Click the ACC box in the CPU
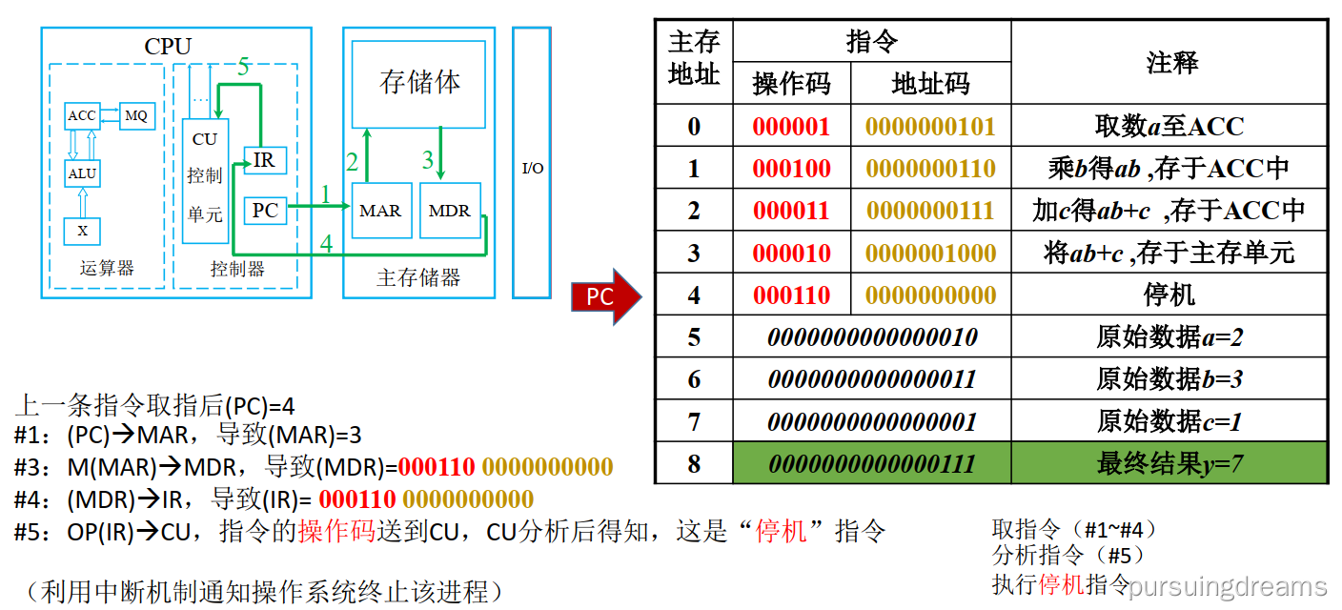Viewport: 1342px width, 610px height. coord(82,115)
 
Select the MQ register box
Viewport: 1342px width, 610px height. coord(136,115)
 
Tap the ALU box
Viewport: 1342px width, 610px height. coord(82,173)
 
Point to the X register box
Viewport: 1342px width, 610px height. coord(82,231)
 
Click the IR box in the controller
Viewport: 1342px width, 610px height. coord(265,161)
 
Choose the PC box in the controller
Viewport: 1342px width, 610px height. coord(265,210)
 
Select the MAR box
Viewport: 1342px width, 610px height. coord(381,211)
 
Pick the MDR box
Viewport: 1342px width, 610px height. coord(450,211)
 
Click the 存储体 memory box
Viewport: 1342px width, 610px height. coord(420,83)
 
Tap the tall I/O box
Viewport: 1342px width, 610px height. coord(532,162)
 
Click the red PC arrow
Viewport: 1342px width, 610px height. coord(604,296)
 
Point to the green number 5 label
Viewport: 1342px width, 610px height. coord(243,67)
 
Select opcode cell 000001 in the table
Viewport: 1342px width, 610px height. coord(791,127)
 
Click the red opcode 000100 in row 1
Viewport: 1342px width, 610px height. coord(791,169)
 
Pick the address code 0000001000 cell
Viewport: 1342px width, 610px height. coord(930,254)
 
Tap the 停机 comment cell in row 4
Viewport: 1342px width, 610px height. coord(1169,295)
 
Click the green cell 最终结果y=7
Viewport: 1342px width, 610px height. coord(1169,464)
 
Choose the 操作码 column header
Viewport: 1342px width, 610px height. coord(791,84)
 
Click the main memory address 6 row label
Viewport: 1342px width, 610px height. coord(694,379)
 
